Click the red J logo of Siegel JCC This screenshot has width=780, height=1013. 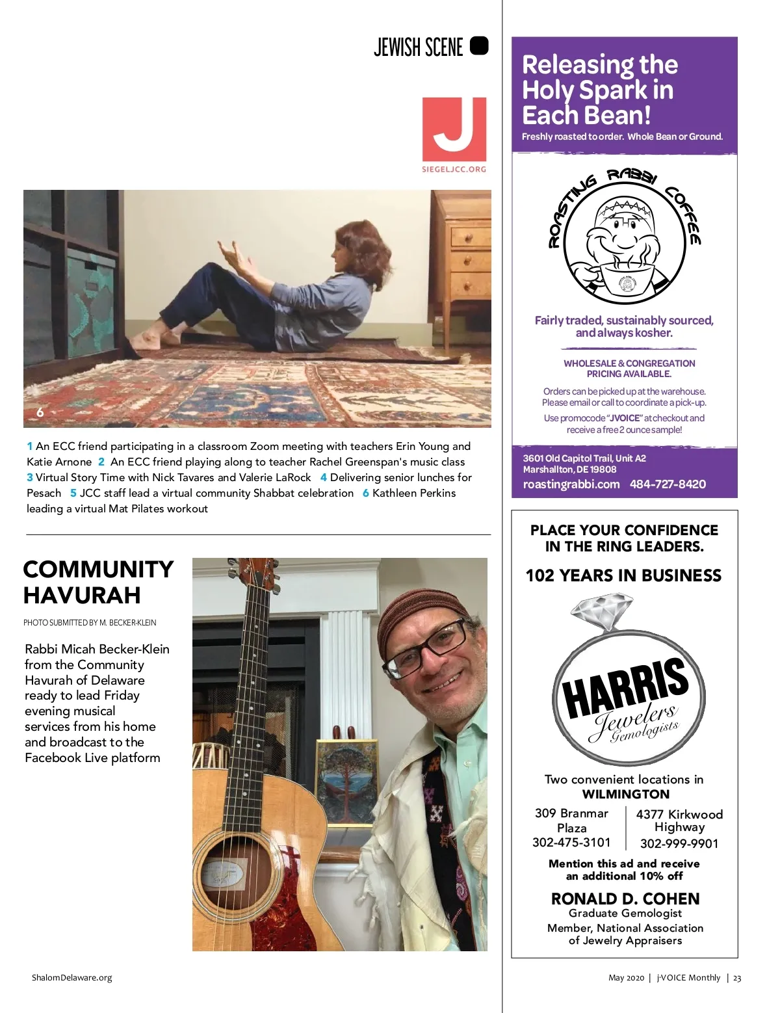(454, 129)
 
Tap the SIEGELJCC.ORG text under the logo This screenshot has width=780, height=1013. (454, 170)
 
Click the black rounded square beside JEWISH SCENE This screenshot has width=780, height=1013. (478, 46)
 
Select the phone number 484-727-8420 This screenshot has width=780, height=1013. (668, 484)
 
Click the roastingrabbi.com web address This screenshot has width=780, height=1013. (571, 484)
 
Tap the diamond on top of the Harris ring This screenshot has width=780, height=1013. (602, 612)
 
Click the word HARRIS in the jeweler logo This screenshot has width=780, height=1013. (625, 689)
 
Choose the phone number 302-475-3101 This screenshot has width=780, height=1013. (571, 843)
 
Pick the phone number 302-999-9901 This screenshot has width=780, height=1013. (679, 844)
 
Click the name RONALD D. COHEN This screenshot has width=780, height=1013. (625, 899)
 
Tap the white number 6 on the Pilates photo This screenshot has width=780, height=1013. (40, 412)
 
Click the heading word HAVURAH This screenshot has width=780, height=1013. (82, 596)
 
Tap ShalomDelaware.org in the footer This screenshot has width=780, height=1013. (71, 978)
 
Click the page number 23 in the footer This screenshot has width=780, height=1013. (737, 978)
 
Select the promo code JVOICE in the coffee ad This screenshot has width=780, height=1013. (625, 418)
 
